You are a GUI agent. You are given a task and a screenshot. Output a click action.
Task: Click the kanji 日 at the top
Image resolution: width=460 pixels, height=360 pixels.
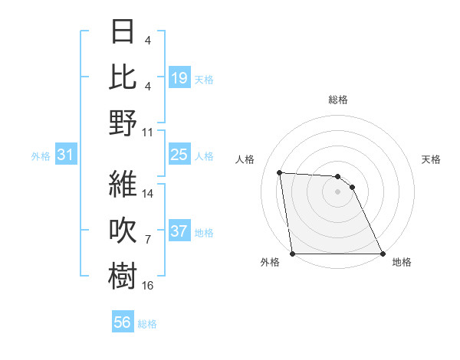click(x=123, y=32)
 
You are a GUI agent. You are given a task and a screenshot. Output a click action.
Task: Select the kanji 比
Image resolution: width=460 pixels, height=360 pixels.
click(x=123, y=77)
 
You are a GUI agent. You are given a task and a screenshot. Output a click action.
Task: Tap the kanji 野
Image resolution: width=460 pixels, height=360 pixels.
click(x=123, y=123)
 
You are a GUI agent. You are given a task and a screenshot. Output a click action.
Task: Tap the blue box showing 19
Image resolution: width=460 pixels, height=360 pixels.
click(x=179, y=77)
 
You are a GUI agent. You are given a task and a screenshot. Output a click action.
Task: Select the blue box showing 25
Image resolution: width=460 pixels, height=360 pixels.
click(x=179, y=155)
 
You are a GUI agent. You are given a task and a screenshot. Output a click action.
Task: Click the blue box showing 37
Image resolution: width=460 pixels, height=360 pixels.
click(x=179, y=232)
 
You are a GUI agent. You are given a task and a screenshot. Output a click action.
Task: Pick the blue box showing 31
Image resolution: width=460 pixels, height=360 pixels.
click(x=66, y=155)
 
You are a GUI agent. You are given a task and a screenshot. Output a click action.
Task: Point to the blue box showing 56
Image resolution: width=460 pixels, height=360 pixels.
click(x=123, y=323)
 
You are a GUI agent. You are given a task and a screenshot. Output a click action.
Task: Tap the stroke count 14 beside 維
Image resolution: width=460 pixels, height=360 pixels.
click(x=148, y=194)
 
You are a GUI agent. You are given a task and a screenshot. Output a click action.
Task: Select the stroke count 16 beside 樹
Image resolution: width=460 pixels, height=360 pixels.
click(x=148, y=286)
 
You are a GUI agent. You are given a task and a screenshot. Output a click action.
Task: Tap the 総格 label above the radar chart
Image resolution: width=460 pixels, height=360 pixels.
click(x=337, y=100)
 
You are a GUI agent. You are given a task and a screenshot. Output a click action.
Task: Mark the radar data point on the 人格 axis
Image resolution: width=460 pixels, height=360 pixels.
click(x=280, y=172)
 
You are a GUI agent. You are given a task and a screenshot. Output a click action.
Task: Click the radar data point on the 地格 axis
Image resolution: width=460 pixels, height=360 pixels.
click(x=383, y=254)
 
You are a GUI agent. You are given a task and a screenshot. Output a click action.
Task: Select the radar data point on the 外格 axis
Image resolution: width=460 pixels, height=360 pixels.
click(x=292, y=254)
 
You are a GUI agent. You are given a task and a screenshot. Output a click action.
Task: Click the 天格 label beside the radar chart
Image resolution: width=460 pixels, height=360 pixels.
click(x=432, y=159)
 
